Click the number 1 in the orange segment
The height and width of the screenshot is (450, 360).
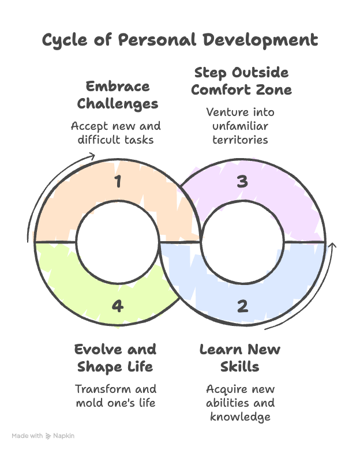click(x=118, y=182)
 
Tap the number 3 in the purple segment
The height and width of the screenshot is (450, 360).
click(x=242, y=182)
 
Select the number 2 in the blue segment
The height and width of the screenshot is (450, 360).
click(x=242, y=305)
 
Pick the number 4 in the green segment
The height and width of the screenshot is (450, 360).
click(x=118, y=305)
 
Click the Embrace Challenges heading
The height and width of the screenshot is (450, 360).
click(x=118, y=95)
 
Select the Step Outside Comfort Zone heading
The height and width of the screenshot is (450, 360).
click(x=241, y=81)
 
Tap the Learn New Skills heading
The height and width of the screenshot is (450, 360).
click(x=240, y=358)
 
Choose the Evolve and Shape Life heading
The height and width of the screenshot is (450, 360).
click(x=115, y=358)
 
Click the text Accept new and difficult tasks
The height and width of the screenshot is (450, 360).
click(x=115, y=132)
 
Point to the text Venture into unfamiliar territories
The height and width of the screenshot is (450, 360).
click(x=241, y=125)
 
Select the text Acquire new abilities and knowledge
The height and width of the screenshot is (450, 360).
click(x=240, y=402)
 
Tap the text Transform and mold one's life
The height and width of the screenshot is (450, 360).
click(x=115, y=395)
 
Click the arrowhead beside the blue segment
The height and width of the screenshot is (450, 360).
click(x=332, y=246)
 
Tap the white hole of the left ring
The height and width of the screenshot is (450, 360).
click(x=118, y=242)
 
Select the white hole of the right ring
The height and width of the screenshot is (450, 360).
click(x=242, y=242)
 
